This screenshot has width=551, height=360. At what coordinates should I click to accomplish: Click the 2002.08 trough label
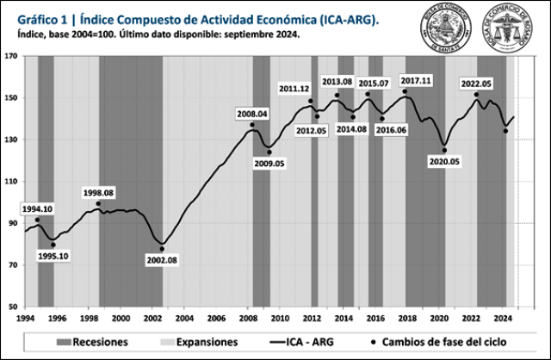click(161, 259)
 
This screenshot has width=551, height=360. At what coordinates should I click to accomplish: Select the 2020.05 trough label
click(445, 160)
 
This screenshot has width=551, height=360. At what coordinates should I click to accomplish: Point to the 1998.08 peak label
click(98, 192)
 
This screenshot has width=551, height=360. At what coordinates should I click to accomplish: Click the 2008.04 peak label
click(252, 114)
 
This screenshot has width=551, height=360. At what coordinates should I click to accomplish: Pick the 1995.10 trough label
click(53, 255)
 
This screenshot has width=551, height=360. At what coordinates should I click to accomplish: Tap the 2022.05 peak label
click(476, 84)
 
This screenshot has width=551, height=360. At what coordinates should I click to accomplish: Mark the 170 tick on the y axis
click(11, 56)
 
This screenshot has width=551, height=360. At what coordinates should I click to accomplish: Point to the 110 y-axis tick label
click(11, 181)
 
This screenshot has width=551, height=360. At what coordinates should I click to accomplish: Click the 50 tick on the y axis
click(13, 307)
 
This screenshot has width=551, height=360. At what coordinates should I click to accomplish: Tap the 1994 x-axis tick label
click(24, 318)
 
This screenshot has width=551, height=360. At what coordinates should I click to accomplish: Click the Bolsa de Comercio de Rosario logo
click(512, 28)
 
